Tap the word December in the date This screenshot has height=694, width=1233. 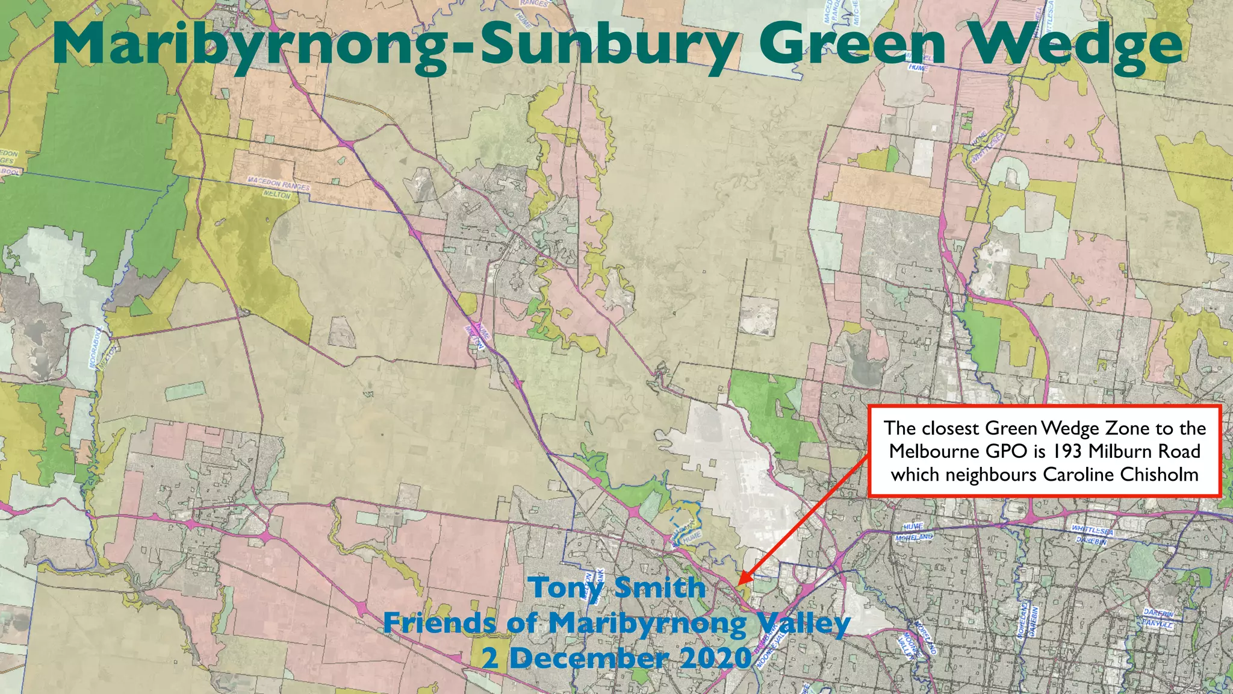591,658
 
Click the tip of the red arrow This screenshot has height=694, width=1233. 738,584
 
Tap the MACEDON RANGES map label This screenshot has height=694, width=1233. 279,184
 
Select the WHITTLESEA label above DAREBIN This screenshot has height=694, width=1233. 1092,530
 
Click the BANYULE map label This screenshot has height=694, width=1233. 1157,624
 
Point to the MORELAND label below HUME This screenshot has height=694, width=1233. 914,537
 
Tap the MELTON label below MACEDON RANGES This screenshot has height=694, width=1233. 277,195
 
